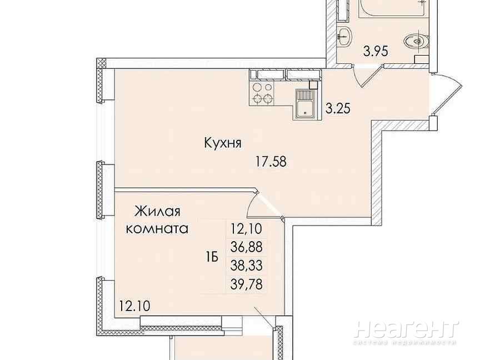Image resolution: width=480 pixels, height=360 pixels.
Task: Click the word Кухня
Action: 223,143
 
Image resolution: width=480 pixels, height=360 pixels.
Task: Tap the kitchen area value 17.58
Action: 271,161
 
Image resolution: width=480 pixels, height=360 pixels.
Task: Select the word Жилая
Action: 158,211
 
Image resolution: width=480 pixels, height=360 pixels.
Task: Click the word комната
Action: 157,229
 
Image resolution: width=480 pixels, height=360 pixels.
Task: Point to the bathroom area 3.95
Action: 376,51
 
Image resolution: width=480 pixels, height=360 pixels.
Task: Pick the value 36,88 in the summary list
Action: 247,247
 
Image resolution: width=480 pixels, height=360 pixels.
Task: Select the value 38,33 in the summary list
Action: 247,266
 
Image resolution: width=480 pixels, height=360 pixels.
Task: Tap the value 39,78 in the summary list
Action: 247,284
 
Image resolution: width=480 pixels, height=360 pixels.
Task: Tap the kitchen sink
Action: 305,104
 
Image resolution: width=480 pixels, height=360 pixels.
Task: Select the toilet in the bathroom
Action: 415,41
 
